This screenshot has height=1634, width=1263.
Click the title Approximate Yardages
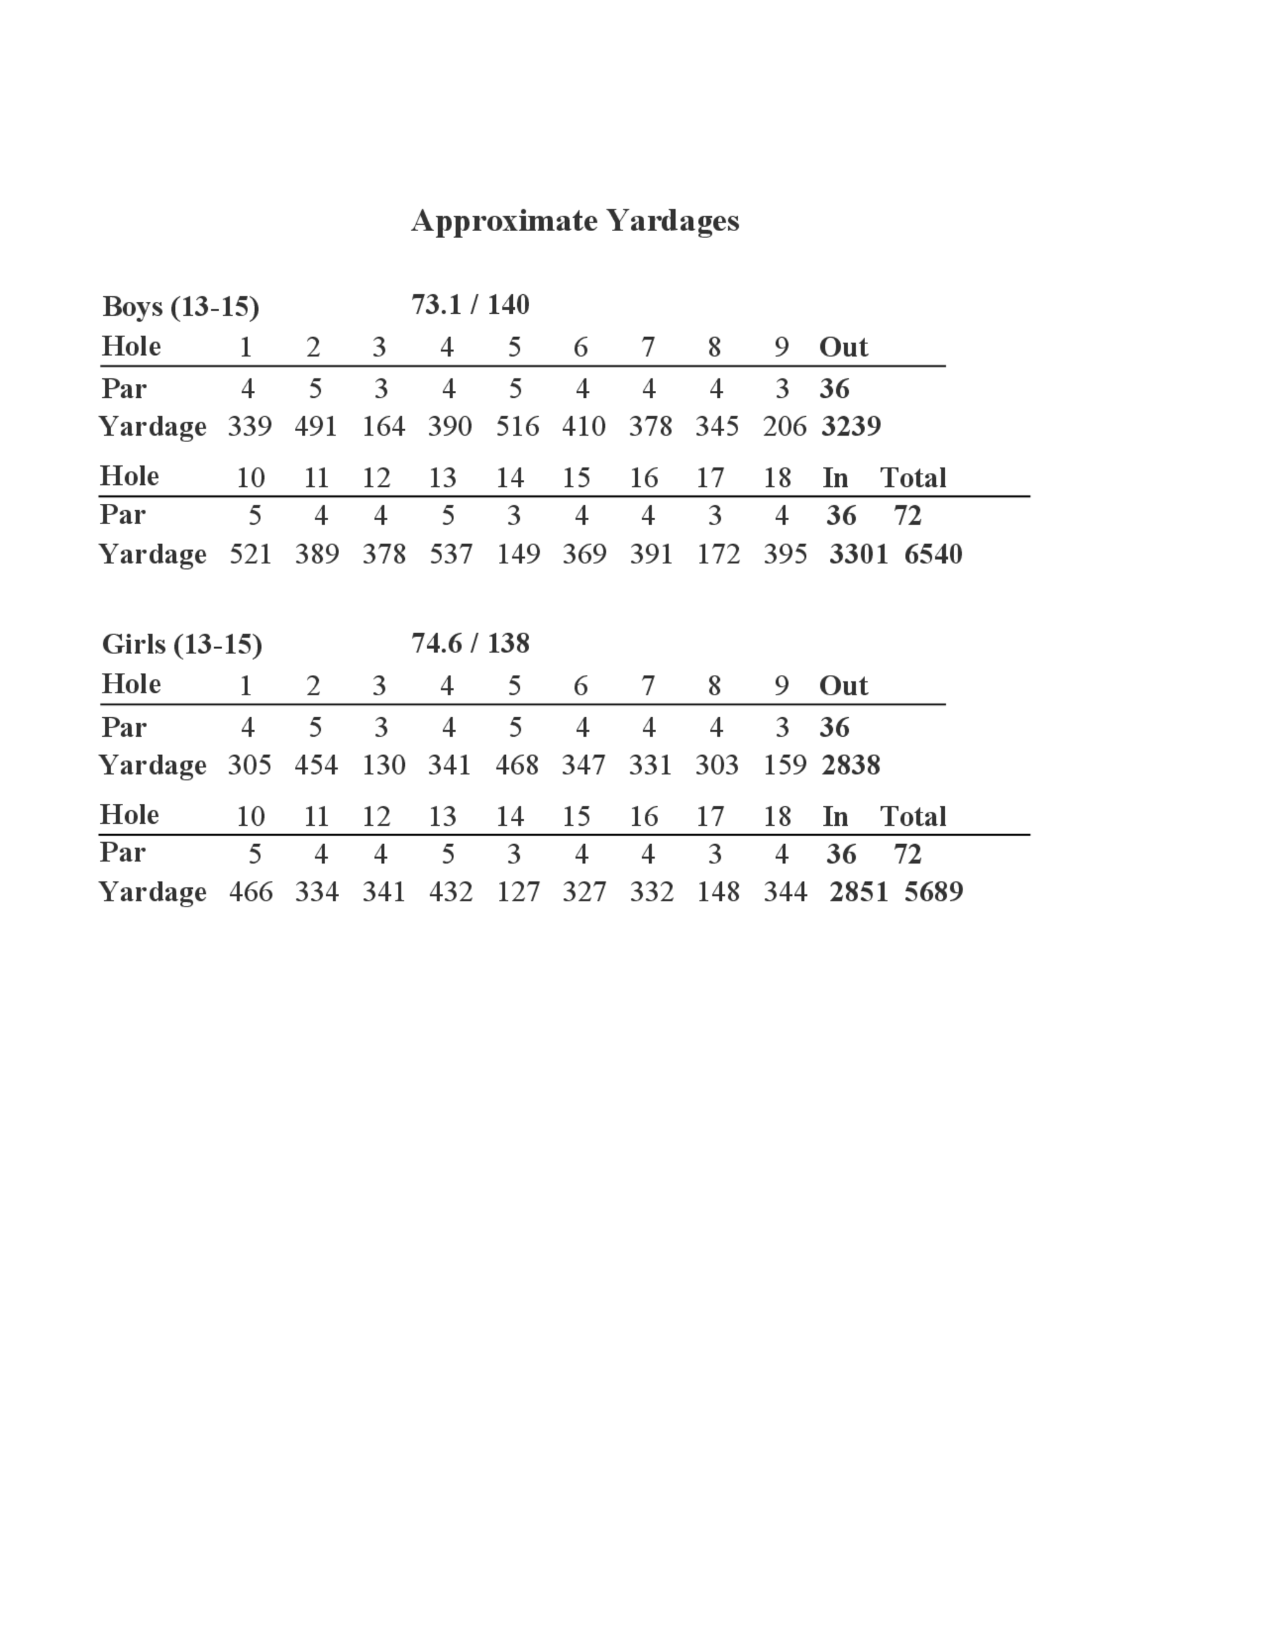coord(575,221)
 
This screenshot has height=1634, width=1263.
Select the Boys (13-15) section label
coord(181,306)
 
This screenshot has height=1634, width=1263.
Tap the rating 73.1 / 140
coord(470,304)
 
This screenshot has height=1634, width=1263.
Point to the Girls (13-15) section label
coord(182,644)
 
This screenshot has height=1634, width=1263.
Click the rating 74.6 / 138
coord(470,643)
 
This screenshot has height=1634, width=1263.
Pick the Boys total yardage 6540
coord(933,554)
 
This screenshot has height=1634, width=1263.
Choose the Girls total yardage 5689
coord(933,892)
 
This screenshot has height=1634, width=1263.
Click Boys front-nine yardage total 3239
coord(851,426)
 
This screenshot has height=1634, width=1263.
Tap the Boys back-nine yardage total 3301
coord(858,554)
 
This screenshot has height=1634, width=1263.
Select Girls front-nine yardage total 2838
coord(851,765)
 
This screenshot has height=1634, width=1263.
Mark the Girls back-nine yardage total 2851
coord(858,892)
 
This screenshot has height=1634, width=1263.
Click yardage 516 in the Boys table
coord(517,426)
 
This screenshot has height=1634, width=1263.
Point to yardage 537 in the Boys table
coord(450,554)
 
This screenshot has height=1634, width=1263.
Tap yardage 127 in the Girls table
coord(518,892)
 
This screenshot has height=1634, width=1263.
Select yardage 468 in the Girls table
coord(517,765)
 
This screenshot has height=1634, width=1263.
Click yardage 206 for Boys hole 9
coord(784,426)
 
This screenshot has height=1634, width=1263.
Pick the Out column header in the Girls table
coord(843,685)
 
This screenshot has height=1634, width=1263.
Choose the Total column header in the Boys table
coord(913,477)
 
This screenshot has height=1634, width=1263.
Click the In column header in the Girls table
coord(835,816)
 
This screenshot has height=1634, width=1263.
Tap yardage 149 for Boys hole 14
coord(518,554)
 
